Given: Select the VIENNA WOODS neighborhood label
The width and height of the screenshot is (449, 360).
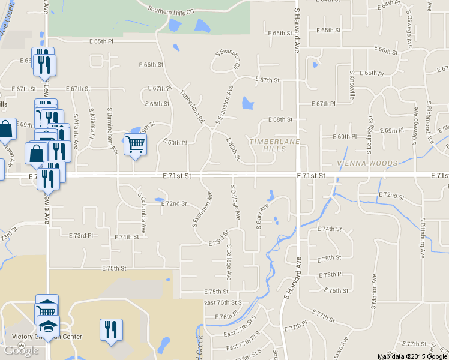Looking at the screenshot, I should pyautogui.click(x=367, y=163).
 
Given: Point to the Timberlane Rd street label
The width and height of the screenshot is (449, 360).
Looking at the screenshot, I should pyautogui.click(x=193, y=107).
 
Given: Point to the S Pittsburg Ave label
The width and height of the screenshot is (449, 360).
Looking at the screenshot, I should pyautogui.click(x=423, y=238).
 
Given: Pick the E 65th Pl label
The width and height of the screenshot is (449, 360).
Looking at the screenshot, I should pyautogui.click(x=101, y=41).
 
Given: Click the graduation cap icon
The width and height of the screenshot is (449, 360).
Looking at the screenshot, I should pyautogui.click(x=49, y=327).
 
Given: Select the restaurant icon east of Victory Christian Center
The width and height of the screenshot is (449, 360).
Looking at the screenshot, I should pyautogui.click(x=111, y=329).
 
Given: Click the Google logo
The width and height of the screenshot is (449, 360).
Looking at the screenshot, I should pyautogui.click(x=21, y=351).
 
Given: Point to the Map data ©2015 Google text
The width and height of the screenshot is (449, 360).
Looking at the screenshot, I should pyautogui.click(x=412, y=356).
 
